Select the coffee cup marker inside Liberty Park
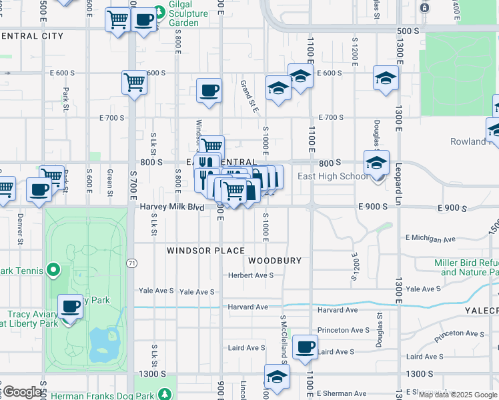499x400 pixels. coord(70,307)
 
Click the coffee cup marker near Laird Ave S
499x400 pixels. coord(305,347)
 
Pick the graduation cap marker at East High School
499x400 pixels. coord(376,163)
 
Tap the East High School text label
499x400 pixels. coord(332,176)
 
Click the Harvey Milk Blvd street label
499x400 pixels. coord(171,207)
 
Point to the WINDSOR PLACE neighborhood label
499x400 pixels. coord(205,251)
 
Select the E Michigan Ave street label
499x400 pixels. coord(430,238)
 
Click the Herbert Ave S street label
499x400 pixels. coord(251,275)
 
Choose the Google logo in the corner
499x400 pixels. coord(22,392)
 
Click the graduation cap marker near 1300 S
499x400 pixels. coord(277,376)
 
